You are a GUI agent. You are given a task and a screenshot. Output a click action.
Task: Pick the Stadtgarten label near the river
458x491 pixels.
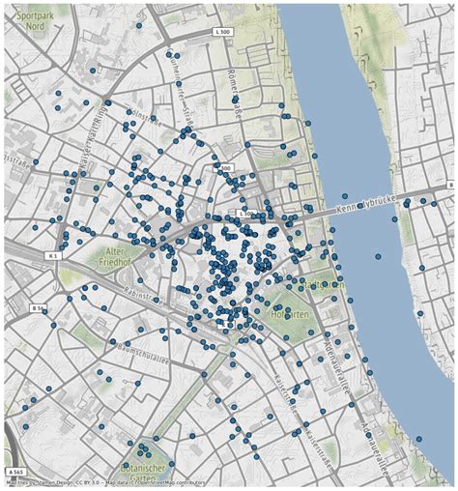tap(322, 285)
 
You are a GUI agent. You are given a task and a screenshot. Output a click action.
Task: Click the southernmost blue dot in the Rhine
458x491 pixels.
tap(378, 256)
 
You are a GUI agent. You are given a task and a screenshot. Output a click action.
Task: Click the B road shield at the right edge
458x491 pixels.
tap(449, 185)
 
